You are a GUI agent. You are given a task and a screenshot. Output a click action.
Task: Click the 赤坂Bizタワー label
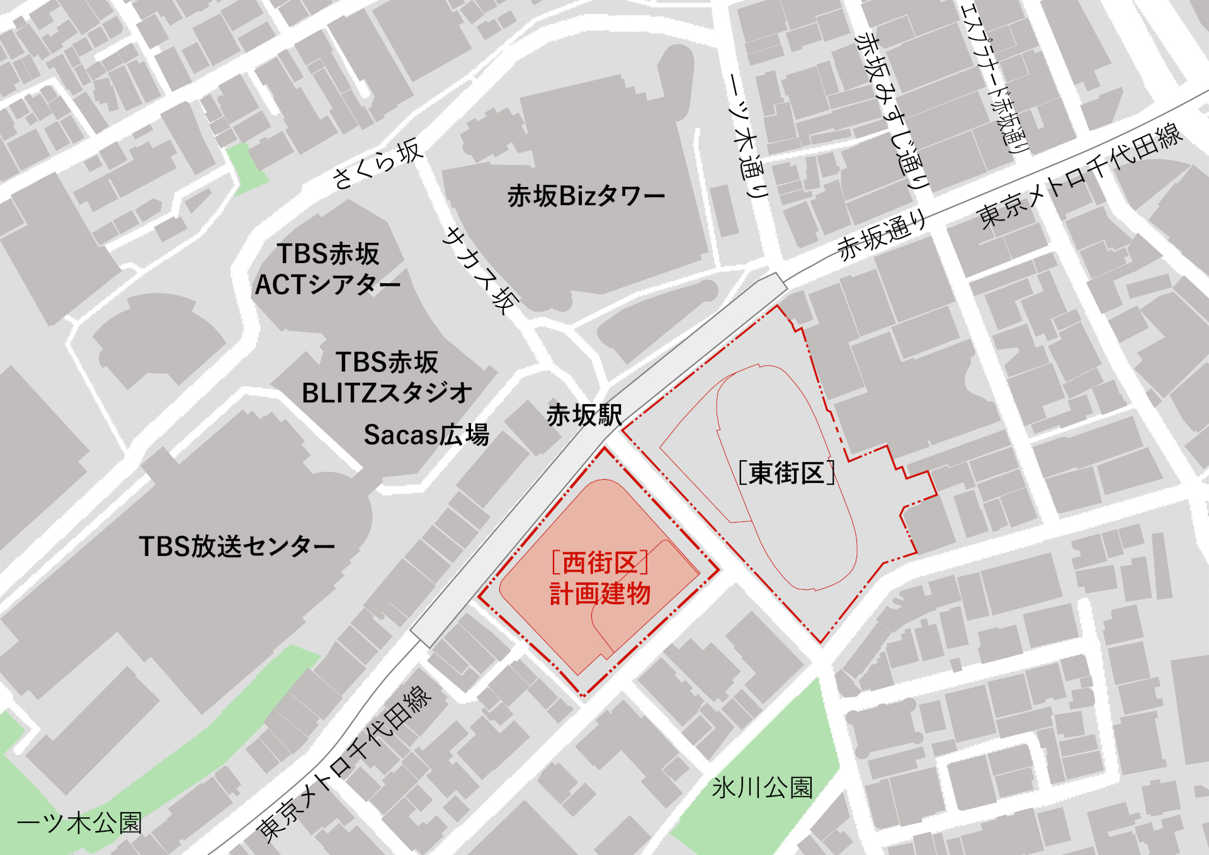pyautogui.click(x=586, y=196)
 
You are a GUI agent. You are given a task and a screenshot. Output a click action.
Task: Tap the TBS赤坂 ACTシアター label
pyautogui.click(x=327, y=269)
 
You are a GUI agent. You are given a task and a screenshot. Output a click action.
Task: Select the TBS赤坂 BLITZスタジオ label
pyautogui.click(x=387, y=378)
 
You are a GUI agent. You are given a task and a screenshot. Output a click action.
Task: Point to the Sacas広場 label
pyautogui.click(x=426, y=435)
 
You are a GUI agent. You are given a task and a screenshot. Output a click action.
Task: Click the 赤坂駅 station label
pyautogui.click(x=584, y=416)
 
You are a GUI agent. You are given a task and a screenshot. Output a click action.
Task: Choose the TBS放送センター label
pyautogui.click(x=237, y=546)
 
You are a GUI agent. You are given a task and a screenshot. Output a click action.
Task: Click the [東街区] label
pyautogui.click(x=786, y=473)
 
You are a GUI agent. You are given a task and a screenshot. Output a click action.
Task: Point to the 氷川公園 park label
pyautogui.click(x=762, y=788)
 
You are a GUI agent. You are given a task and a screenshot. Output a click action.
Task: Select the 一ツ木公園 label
pyautogui.click(x=79, y=823)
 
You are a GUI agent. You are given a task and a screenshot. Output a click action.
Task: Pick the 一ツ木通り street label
pyautogui.click(x=749, y=135)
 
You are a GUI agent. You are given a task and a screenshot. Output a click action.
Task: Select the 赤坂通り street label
pyautogui.click(x=882, y=235)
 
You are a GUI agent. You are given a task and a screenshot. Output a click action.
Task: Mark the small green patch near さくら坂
pyautogui.click(x=246, y=167)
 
